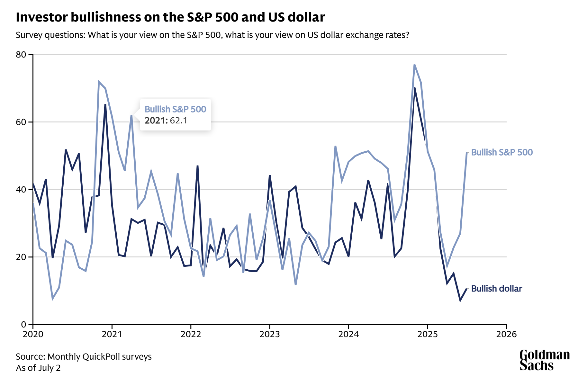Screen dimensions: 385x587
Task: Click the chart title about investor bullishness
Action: [x=170, y=17]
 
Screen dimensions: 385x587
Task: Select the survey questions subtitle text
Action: [x=212, y=35]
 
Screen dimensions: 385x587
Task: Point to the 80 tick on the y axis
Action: [x=21, y=55]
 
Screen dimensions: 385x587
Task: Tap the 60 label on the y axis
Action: [x=21, y=122]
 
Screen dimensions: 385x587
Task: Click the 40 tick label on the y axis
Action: [x=21, y=190]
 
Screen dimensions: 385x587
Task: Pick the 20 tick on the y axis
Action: [x=21, y=257]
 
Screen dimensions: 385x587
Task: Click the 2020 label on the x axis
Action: [x=33, y=335]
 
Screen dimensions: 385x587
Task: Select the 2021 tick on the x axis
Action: [x=112, y=335]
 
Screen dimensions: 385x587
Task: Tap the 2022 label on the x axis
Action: [x=191, y=335]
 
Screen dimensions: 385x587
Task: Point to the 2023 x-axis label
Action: [x=270, y=335]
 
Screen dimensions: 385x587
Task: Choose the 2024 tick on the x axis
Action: [x=348, y=335]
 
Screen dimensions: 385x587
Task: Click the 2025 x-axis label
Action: [x=428, y=335]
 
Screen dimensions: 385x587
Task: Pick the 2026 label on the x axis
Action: [x=506, y=335]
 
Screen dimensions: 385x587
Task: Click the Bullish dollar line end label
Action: [x=496, y=289]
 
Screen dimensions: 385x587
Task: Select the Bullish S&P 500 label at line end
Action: [x=502, y=152]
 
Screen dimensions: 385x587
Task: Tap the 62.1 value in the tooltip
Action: [x=179, y=121]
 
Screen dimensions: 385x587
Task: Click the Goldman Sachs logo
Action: [x=545, y=360]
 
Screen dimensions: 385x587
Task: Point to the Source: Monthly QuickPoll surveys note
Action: [x=84, y=357]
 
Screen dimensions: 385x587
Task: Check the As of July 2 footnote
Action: [x=38, y=368]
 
